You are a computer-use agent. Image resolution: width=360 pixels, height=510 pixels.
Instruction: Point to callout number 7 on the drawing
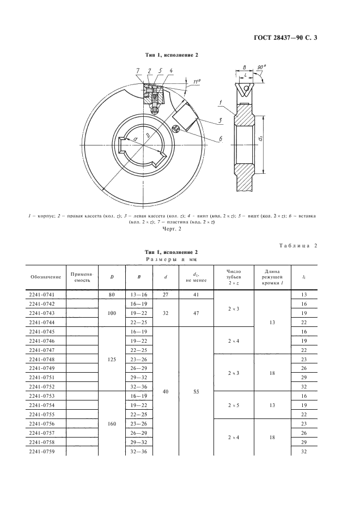click(138, 71)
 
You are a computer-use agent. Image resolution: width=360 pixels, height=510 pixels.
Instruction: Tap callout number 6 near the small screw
click(221, 139)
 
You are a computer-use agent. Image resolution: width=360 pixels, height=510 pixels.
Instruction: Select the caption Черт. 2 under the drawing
click(172, 229)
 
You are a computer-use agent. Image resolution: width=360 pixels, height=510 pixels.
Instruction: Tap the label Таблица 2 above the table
click(297, 245)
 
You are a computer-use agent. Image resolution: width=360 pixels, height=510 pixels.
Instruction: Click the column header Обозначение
click(45, 276)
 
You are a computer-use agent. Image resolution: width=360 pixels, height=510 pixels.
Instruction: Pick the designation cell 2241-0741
click(45, 294)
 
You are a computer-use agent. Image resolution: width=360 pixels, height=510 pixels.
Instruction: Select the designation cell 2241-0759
click(45, 451)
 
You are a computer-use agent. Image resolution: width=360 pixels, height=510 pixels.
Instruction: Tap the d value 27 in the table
click(166, 294)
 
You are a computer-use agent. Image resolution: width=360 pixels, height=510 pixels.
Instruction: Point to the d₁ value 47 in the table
click(195, 313)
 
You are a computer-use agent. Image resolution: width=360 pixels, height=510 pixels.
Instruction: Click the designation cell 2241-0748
click(45, 359)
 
